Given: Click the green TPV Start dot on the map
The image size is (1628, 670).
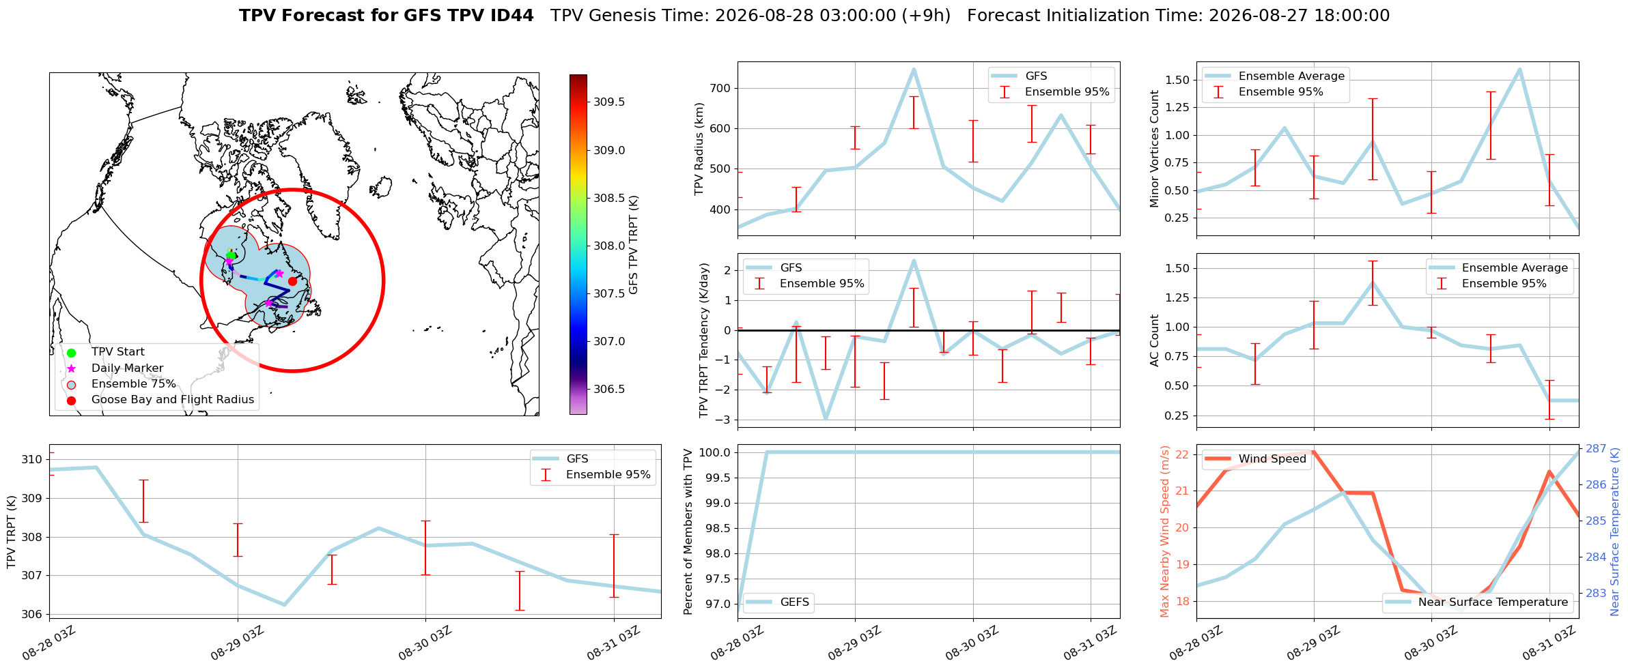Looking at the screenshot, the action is [231, 255].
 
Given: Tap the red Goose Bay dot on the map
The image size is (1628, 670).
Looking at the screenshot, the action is [292, 281].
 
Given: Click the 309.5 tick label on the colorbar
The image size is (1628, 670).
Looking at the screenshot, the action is [609, 102].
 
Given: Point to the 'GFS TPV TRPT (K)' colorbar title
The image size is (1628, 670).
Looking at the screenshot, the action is [634, 244].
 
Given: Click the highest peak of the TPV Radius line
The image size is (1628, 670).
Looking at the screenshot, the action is [914, 69].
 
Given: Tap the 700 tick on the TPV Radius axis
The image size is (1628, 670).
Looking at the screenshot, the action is [721, 88].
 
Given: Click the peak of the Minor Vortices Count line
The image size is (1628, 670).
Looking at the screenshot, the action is [1519, 69].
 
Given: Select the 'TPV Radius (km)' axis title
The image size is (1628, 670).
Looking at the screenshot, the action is [699, 149].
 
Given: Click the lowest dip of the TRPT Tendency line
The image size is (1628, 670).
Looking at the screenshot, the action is [826, 419].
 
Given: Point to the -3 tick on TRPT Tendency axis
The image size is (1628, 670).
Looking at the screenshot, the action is [725, 420].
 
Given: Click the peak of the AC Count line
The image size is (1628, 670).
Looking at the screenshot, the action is [1373, 282].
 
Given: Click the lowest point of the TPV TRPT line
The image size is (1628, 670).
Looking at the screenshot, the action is [284, 605].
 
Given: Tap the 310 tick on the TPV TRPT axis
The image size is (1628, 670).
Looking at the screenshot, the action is [31, 459].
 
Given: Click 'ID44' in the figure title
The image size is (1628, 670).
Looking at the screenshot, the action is [511, 16].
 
